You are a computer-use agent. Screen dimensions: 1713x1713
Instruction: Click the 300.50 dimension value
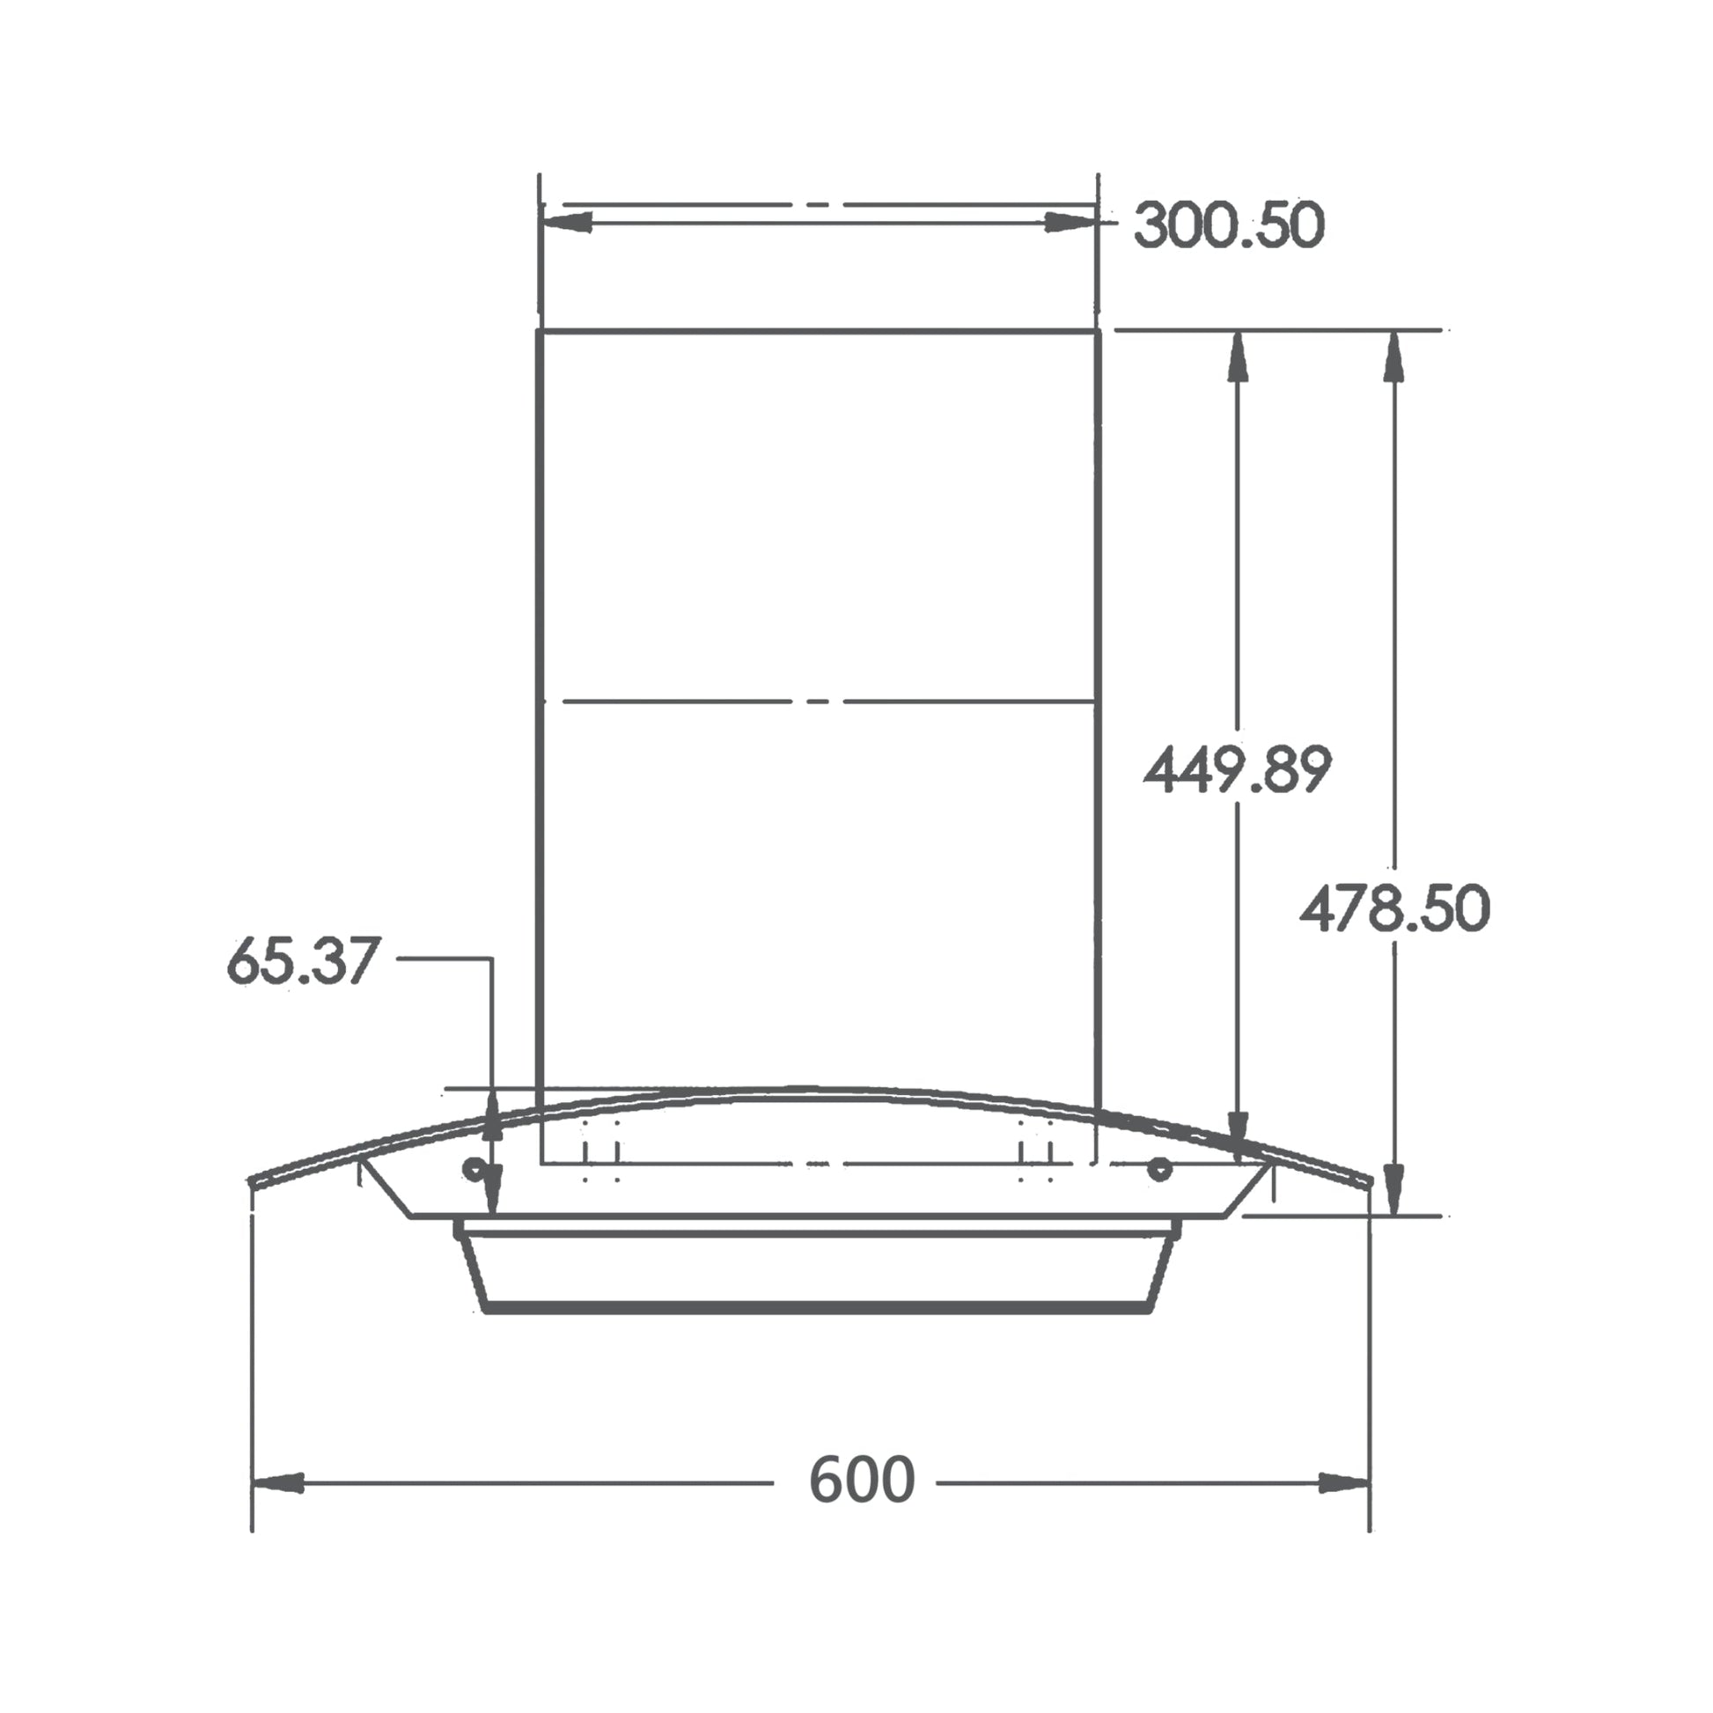click(x=1229, y=224)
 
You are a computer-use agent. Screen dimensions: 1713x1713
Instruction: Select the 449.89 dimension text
click(x=1237, y=769)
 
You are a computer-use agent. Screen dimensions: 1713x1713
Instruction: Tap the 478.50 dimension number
click(x=1394, y=908)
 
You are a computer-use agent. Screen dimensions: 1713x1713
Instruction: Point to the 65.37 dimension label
click(x=303, y=960)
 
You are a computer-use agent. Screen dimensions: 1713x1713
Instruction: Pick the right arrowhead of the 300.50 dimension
click(x=1070, y=222)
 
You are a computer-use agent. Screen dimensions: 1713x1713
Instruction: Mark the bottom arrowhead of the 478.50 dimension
click(x=1393, y=1189)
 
